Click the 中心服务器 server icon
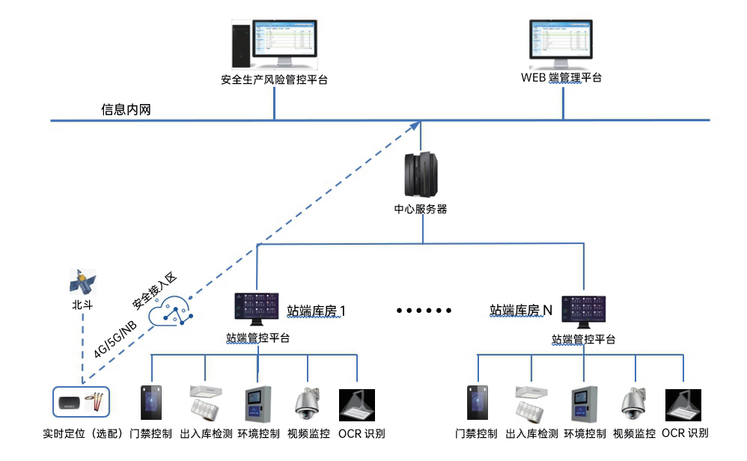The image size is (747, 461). (x=421, y=175)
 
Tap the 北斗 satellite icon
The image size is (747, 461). (x=83, y=281)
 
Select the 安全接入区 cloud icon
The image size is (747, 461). (x=171, y=311)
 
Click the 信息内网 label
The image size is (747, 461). (x=126, y=109)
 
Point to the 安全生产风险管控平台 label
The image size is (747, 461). (x=275, y=79)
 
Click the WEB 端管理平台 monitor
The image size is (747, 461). (x=561, y=45)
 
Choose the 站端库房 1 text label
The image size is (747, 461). (x=317, y=311)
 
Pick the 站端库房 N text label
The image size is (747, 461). (x=521, y=311)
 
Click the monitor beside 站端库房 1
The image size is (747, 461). (x=257, y=309)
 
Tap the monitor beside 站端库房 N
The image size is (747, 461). (x=584, y=312)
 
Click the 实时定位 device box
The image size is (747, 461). (x=81, y=402)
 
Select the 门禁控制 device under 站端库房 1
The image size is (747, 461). (x=151, y=403)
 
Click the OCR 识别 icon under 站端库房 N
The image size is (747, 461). (x=683, y=405)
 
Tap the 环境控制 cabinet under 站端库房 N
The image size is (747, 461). (x=585, y=404)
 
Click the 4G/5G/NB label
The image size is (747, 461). (x=115, y=339)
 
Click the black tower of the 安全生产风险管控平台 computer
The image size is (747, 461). (x=241, y=45)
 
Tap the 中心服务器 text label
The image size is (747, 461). (x=421, y=209)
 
